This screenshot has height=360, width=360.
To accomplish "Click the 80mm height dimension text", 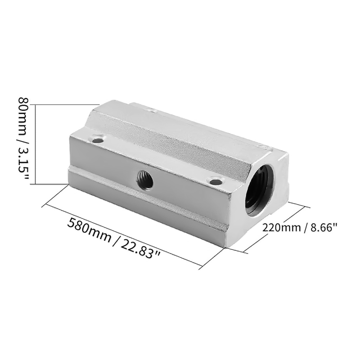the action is pyautogui.click(x=24, y=118).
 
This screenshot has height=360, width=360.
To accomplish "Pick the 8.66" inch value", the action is pyautogui.click(x=323, y=228).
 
